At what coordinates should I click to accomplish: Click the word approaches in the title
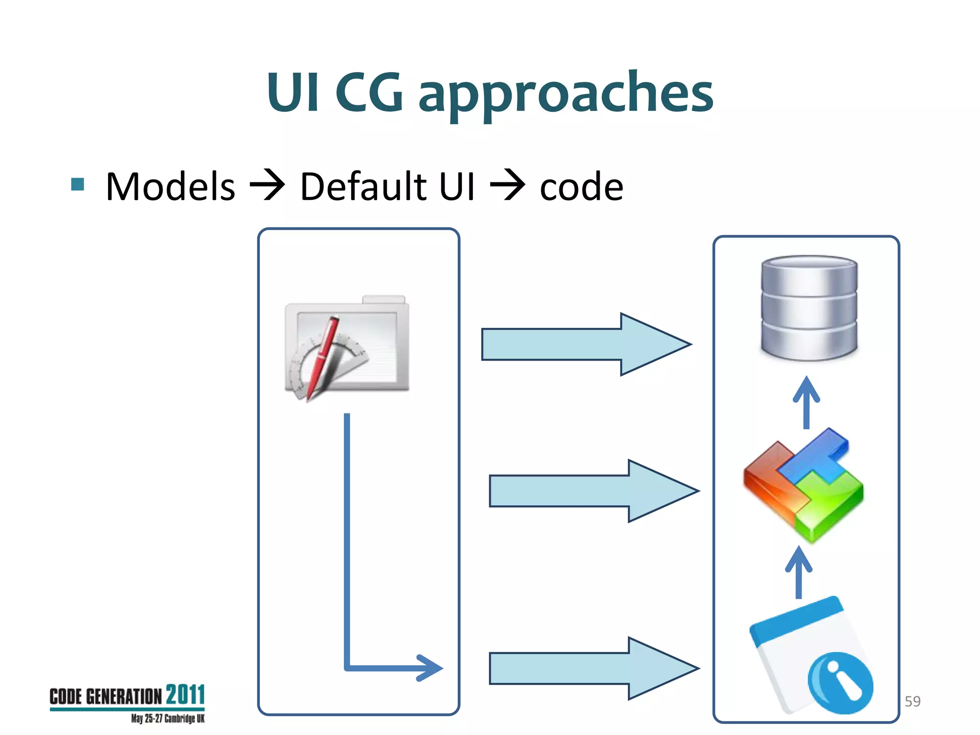pos(566,93)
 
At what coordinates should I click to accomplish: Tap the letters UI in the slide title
pos(292,92)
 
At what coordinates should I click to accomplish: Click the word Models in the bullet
pos(170,187)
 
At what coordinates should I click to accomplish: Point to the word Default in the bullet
pos(363,187)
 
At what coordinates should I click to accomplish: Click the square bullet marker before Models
pos(78,184)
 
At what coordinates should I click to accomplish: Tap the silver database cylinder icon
pos(809,307)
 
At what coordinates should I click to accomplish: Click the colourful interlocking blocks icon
pos(803,484)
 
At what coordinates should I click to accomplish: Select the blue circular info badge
pos(840,683)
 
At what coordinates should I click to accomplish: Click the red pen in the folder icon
pos(323,356)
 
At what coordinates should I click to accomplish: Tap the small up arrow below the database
pos(806,402)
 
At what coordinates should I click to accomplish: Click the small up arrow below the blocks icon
pos(798,572)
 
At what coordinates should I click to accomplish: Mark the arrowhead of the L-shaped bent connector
pos(431,668)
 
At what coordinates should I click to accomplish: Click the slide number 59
pos(913,702)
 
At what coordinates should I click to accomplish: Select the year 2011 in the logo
pos(185,695)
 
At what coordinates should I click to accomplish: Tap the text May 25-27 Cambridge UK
pos(167,718)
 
